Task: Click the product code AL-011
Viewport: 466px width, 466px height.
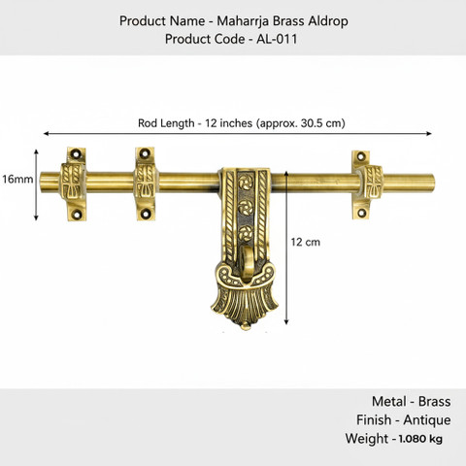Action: click(x=277, y=39)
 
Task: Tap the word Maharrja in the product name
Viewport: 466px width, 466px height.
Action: click(x=243, y=21)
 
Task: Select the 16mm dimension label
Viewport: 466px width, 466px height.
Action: click(x=17, y=179)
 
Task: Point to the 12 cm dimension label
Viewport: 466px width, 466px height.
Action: click(x=305, y=242)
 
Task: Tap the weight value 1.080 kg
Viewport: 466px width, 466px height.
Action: click(x=420, y=439)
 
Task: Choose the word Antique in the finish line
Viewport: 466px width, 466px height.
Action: click(x=427, y=420)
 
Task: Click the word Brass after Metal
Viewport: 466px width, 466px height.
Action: click(x=434, y=402)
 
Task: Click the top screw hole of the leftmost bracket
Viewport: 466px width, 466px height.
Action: click(x=77, y=153)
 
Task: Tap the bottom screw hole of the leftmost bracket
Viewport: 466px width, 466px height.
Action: click(x=77, y=214)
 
